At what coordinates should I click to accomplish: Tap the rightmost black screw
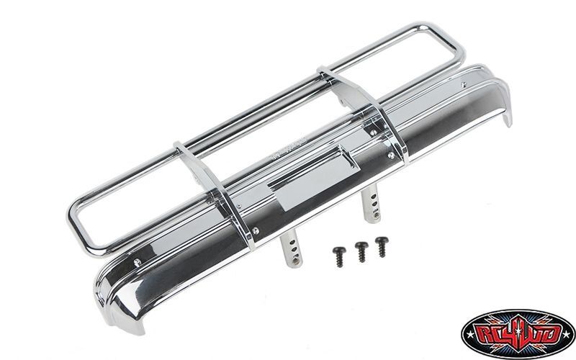pos(379,244)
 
